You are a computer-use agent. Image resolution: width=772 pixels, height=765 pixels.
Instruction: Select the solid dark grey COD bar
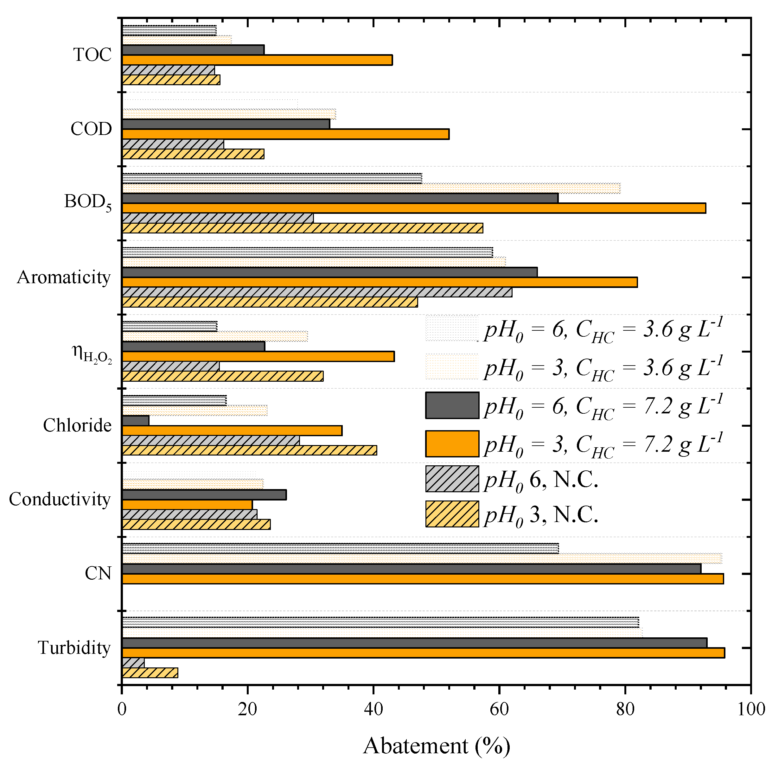(226, 124)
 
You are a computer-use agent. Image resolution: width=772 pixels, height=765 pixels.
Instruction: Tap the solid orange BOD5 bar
(414, 208)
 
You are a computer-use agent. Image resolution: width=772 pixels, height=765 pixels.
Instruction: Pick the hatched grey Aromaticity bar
(316, 292)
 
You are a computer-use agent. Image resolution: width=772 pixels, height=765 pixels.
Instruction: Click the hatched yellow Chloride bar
(249, 450)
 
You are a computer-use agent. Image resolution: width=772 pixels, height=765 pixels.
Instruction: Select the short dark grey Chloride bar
(136, 420)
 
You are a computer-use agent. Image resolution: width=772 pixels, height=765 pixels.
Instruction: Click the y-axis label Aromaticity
(64, 277)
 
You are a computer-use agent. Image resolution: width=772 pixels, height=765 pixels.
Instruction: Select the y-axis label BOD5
(87, 202)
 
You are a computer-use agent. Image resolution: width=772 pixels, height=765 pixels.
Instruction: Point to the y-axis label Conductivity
(60, 499)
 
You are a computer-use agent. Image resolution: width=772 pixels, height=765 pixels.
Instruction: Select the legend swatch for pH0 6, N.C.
(452, 479)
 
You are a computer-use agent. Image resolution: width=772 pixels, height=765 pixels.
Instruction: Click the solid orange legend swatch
(452, 443)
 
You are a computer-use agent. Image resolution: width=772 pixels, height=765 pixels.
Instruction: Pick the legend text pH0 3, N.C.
(541, 515)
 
